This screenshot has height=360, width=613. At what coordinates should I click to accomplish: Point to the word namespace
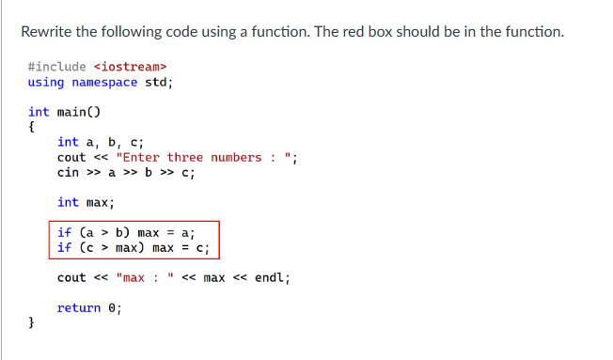104,82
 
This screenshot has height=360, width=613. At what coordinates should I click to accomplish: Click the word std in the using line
154,82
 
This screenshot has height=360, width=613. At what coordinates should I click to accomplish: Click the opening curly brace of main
32,127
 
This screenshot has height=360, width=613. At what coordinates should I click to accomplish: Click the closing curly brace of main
32,322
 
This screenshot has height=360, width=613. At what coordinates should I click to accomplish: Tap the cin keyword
68,172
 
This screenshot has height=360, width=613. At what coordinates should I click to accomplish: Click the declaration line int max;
85,202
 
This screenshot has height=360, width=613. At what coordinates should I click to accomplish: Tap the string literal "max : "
147,277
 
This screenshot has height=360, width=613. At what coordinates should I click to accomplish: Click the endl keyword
270,277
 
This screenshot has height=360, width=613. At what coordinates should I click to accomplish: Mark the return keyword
78,307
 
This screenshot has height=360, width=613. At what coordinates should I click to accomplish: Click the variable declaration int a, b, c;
99,142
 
